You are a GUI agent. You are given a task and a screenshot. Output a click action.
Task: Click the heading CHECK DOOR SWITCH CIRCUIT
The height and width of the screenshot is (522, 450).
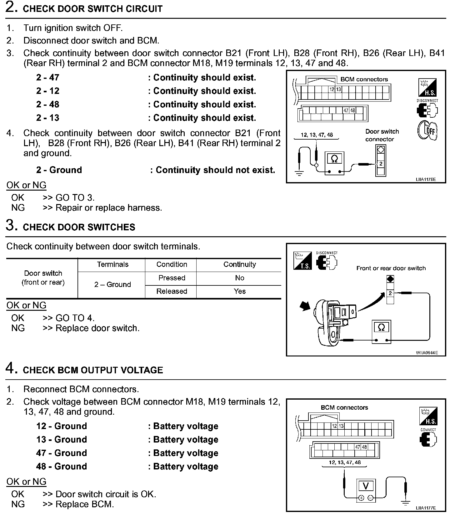tap(92, 9)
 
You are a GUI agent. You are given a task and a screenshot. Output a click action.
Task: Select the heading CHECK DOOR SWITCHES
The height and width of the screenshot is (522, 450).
tap(79, 227)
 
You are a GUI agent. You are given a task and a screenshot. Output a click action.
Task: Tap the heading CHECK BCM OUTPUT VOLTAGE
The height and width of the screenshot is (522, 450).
tap(93, 370)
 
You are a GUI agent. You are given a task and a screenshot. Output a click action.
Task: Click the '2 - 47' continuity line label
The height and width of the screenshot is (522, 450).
tap(47, 78)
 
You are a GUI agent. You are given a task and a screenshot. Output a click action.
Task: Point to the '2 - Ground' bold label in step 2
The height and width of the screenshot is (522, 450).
tap(59, 170)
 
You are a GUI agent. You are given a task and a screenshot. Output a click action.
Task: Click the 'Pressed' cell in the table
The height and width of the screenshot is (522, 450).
tap(172, 278)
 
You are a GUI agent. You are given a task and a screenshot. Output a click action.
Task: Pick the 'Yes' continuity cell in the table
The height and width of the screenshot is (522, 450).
tap(239, 291)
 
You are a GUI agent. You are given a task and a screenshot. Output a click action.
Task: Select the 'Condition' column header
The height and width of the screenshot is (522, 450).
tap(172, 264)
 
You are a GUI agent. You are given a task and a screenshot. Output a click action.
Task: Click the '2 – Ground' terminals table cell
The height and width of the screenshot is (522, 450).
tap(112, 284)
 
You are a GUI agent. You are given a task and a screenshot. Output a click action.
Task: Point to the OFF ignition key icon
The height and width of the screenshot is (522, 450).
tap(427, 130)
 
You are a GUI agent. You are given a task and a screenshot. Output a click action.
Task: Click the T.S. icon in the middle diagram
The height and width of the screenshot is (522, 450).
tap(302, 261)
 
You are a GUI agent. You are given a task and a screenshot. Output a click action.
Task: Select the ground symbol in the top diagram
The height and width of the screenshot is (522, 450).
tap(299, 173)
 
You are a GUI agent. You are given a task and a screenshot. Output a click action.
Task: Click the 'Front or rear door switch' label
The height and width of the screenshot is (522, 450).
tap(391, 268)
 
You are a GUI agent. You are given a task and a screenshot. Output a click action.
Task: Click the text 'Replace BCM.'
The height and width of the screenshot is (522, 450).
tap(84, 504)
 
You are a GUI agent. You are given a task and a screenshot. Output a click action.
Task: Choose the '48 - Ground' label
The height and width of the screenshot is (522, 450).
tap(61, 466)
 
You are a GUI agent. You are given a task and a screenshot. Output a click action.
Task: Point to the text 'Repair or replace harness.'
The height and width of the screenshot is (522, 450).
tap(108, 208)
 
